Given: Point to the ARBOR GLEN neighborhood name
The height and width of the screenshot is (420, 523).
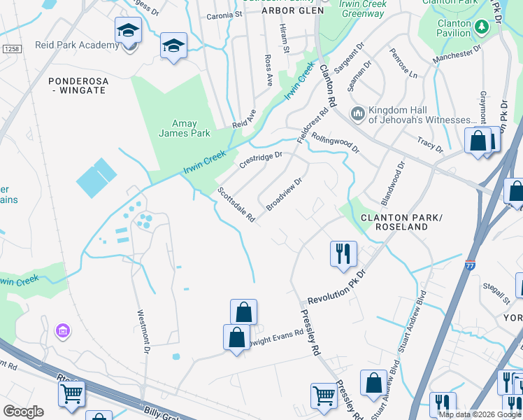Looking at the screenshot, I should coord(292,10).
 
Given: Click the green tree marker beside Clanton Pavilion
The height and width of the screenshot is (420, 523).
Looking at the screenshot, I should coord(481,27).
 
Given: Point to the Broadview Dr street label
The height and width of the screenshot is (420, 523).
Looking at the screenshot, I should coord(284,194).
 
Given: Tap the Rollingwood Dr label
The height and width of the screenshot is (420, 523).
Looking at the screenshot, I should coord(335,143).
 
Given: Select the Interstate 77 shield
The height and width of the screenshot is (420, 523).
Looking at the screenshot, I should coord(468,265).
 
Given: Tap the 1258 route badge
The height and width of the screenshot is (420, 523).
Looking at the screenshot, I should coord(10,49).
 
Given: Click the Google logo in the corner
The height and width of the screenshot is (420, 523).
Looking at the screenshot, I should coord(24,412).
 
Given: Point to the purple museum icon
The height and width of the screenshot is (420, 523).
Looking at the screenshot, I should coord(62,330).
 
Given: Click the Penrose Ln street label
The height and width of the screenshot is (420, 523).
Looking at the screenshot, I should coord(403,64).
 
